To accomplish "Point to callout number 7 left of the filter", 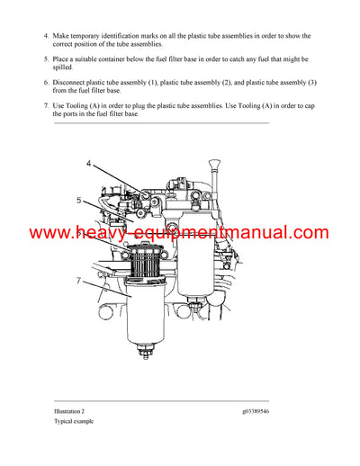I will tap(79, 282).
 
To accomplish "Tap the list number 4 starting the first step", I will tap(46, 36).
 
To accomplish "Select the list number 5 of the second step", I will tap(46, 58).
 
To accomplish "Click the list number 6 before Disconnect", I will tap(46, 82).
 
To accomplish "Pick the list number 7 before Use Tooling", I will tap(46, 105).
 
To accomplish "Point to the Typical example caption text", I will tap(74, 421).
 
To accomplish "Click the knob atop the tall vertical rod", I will tap(217, 164).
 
